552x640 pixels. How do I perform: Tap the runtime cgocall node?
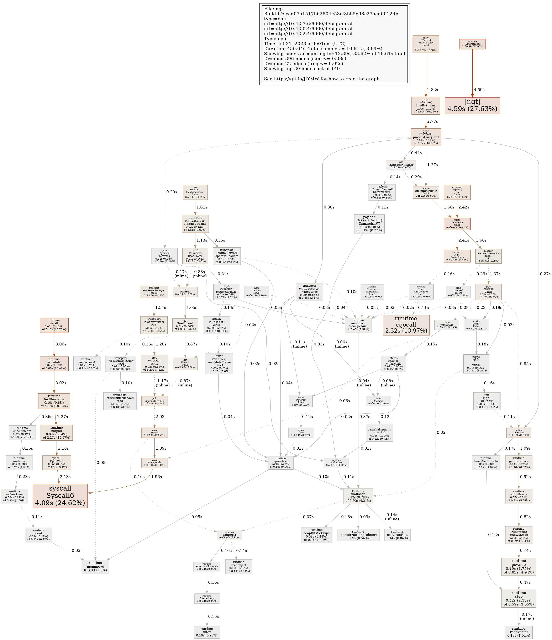click(406, 325)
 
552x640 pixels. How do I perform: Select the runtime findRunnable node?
click(54, 401)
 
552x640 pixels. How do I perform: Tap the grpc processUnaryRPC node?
click(426, 137)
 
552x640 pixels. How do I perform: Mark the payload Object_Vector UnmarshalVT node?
click(369, 224)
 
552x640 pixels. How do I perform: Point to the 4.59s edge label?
click(479, 90)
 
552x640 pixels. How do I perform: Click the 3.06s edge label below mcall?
click(61, 344)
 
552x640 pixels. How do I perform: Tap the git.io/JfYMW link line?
click(322, 79)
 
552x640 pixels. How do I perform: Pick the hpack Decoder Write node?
click(216, 325)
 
